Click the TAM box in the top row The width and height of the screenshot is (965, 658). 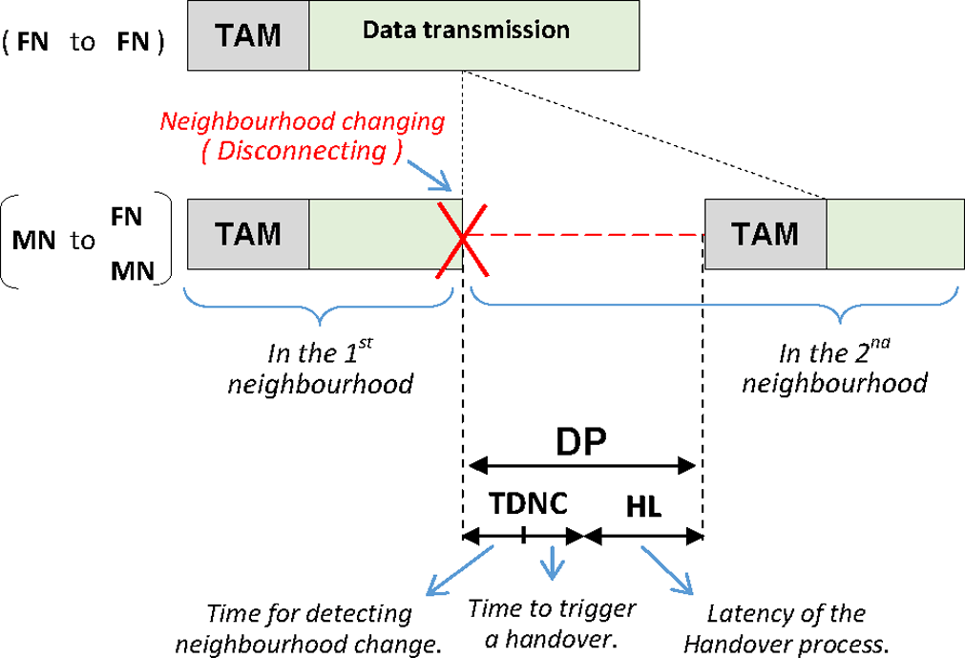click(248, 35)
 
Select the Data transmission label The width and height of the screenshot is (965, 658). click(466, 30)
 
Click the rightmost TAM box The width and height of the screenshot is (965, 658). click(766, 233)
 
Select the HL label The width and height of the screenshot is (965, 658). click(644, 507)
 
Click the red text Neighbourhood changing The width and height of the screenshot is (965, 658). click(303, 122)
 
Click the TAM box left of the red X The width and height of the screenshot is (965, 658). click(248, 233)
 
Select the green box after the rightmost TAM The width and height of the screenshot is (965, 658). click(894, 233)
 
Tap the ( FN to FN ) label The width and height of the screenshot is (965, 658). click(84, 43)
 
